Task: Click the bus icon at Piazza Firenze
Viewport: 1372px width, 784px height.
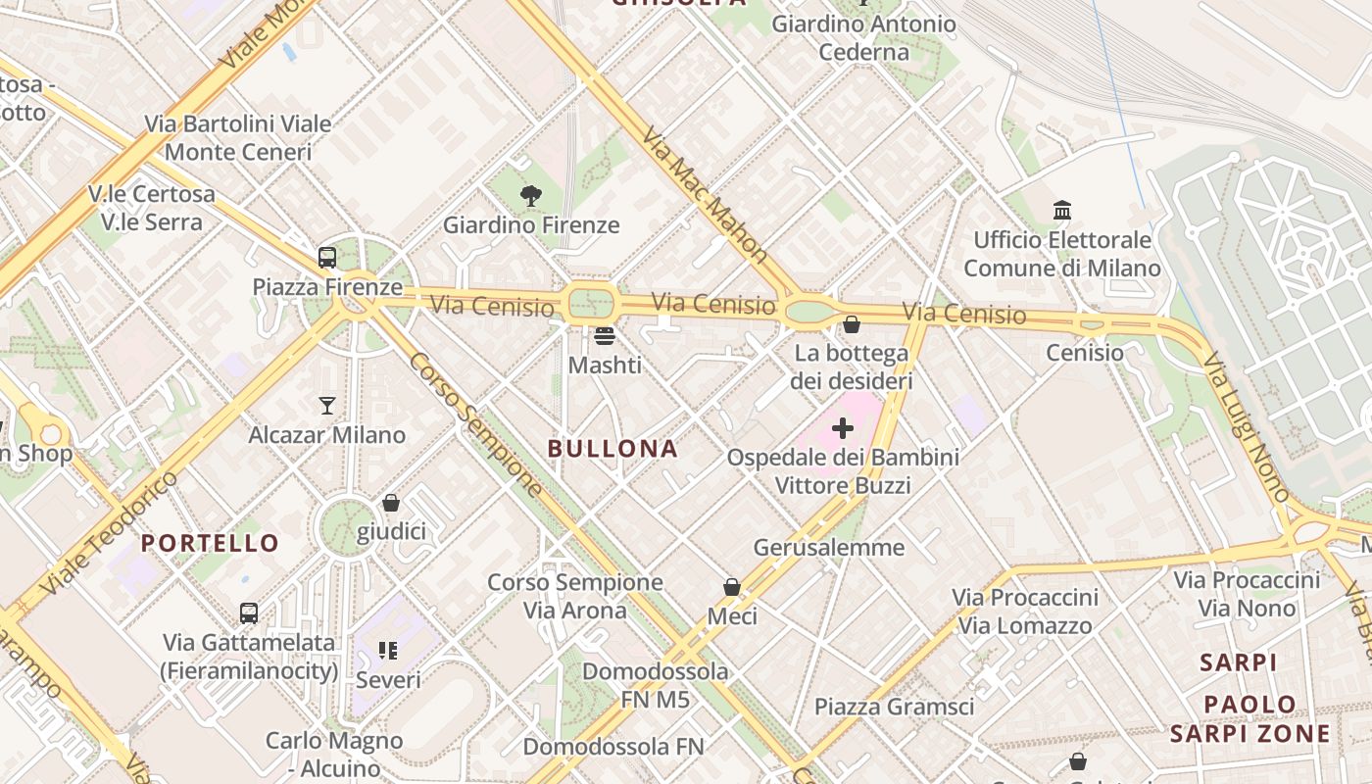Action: point(327,258)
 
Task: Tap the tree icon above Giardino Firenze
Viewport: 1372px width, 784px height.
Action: point(531,195)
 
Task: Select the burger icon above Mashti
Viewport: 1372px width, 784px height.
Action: point(605,336)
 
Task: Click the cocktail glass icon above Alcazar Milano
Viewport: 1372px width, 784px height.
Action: point(326,405)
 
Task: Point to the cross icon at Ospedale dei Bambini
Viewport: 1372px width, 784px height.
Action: point(843,427)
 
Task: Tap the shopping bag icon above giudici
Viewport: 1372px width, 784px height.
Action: point(391,503)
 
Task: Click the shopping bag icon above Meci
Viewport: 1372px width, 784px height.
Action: point(732,587)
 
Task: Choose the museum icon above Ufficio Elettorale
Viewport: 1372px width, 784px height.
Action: point(1062,210)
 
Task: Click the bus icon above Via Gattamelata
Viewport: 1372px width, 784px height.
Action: point(249,613)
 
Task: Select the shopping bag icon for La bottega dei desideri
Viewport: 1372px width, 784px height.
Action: point(852,323)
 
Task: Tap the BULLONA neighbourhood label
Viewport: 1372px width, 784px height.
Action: point(612,449)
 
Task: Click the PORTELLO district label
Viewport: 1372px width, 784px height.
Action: point(210,543)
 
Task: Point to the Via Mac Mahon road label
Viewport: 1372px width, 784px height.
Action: point(705,194)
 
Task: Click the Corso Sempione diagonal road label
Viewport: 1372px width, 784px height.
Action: point(475,423)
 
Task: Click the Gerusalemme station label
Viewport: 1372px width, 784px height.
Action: point(829,547)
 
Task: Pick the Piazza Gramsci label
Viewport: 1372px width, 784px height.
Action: point(894,707)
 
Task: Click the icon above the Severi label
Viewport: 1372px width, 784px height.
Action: point(388,651)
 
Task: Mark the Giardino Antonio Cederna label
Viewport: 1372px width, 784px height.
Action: point(863,37)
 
